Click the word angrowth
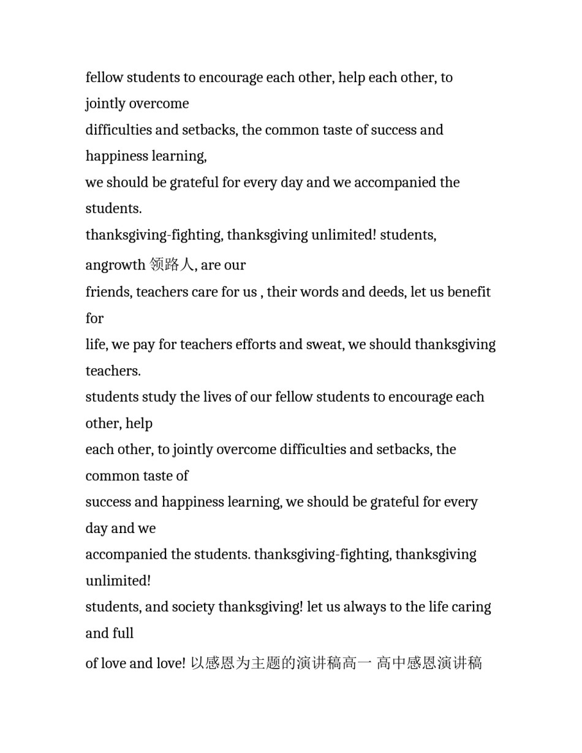[x=115, y=265]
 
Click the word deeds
[x=386, y=292]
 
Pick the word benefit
[x=469, y=292]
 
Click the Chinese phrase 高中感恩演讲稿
[x=429, y=663]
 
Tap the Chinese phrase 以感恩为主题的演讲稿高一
[x=281, y=663]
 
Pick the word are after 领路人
[x=210, y=265]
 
